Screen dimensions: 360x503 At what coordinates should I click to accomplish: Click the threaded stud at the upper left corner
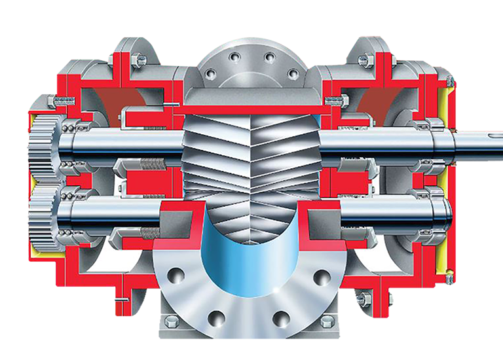click(x=64, y=101)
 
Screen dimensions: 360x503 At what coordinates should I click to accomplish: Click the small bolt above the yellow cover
click(x=449, y=81)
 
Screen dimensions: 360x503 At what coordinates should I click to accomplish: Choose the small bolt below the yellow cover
click(x=449, y=279)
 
